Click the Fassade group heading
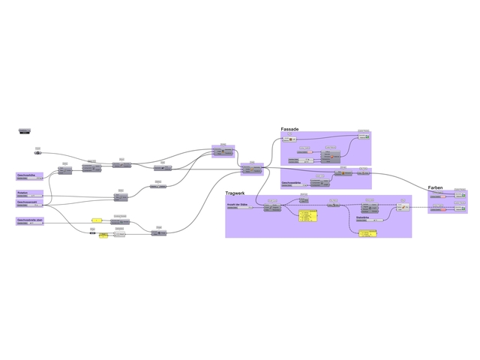pos(289,129)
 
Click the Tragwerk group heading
pos(235,193)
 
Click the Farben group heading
pos(435,187)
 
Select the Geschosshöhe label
pos(26,175)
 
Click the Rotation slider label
pos(22,193)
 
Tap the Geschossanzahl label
pos(27,202)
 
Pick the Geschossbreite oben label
pos(29,220)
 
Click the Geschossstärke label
pos(291,182)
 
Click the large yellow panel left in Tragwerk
pos(307,216)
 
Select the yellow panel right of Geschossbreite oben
pos(96,220)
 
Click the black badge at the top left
pos(25,132)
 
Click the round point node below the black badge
pos(37,152)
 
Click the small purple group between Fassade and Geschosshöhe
pos(223,151)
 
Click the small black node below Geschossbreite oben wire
pos(92,233)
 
